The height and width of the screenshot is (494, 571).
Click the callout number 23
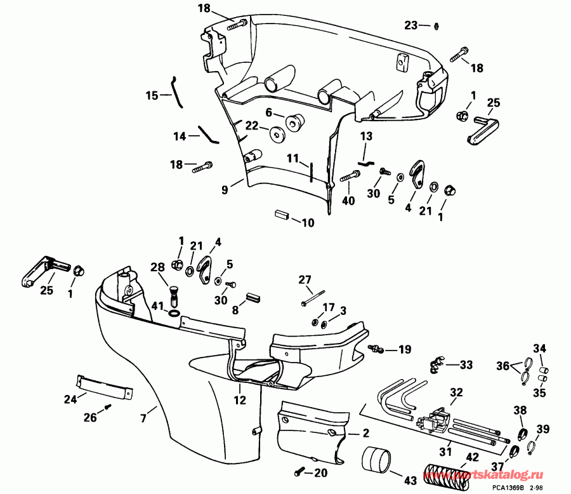click(x=411, y=25)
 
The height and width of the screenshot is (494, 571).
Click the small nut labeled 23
click(x=436, y=26)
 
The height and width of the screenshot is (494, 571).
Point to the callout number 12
click(x=239, y=401)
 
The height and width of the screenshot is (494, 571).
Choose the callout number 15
click(x=152, y=96)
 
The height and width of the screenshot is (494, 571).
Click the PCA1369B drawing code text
click(x=513, y=488)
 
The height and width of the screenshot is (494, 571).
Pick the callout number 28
click(x=157, y=267)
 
